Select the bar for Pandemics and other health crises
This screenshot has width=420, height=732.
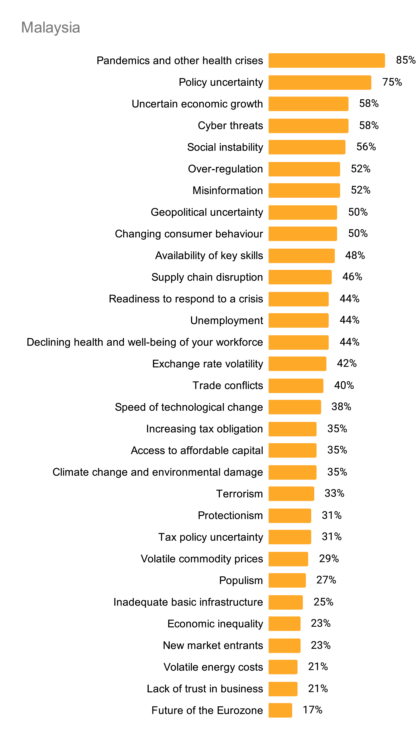tap(327, 61)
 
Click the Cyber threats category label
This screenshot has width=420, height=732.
tap(230, 126)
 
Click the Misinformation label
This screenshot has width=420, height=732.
tap(228, 190)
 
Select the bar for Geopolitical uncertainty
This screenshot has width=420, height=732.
tap(303, 212)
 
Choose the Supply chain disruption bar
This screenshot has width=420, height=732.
tap(300, 277)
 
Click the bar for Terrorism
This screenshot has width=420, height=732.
tap(291, 494)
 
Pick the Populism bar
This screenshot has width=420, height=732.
tap(287, 580)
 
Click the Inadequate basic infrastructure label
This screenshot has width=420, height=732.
tap(188, 602)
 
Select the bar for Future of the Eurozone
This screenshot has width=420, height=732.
tap(280, 710)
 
